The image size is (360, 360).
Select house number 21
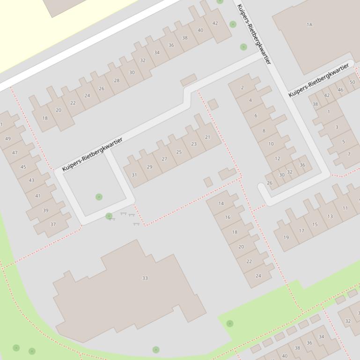[207, 137]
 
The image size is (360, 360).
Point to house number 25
[179, 152]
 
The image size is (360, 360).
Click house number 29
[149, 167]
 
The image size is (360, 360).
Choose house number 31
[134, 175]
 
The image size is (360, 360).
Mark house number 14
[221, 203]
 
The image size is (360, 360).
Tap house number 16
[228, 217]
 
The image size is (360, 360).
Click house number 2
[242, 87]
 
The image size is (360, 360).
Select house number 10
[271, 144]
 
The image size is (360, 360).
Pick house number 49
[8, 139]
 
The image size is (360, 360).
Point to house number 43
[31, 180]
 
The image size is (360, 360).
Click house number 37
[53, 224]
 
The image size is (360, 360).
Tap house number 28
[117, 80]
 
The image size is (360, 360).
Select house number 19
[286, 238]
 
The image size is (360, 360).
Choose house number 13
[330, 216]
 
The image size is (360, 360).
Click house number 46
[340, 90]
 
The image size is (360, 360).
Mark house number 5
[343, 142]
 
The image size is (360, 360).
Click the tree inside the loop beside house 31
[99, 197]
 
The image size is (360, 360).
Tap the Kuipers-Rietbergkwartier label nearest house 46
[318, 80]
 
